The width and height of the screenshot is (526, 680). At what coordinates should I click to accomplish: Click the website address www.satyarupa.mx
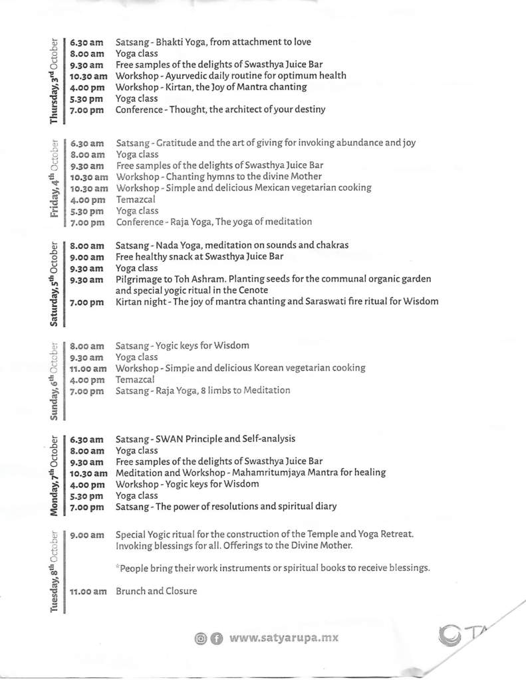pos(284,638)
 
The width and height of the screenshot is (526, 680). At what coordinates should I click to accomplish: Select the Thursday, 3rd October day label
pos(54,80)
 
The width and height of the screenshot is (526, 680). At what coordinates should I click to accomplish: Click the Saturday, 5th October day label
pos(54,284)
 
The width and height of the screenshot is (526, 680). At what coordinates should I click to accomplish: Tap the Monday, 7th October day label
pos(54,473)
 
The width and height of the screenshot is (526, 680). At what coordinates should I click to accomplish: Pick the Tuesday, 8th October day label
pos(54,573)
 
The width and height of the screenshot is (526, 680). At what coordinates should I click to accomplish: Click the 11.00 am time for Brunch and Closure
pos(88,592)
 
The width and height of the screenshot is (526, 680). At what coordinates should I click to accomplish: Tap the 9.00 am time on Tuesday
pos(86,535)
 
